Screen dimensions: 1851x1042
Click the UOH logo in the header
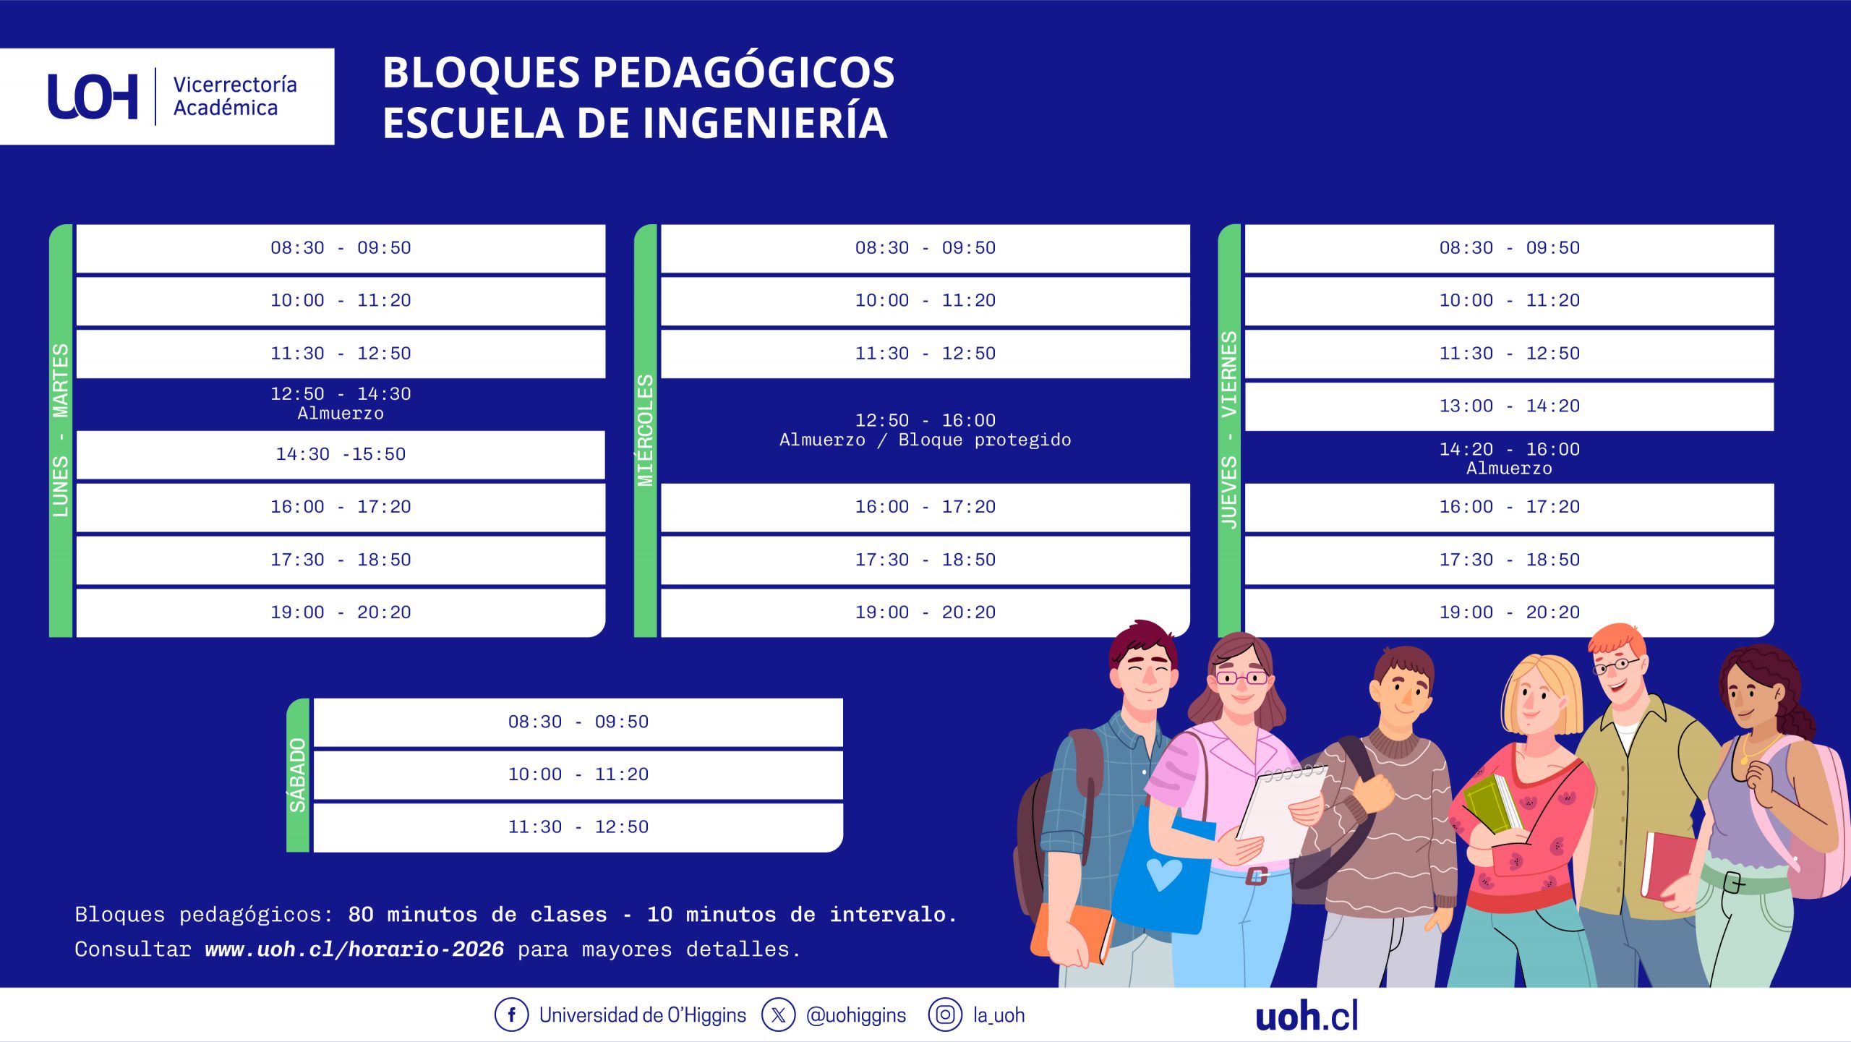pos(93,96)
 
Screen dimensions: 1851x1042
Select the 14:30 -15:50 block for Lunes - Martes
pos(341,455)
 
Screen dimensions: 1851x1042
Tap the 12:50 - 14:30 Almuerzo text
pos(341,403)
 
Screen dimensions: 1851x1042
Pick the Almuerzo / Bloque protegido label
pos(925,440)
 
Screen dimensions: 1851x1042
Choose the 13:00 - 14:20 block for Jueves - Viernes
pos(1509,406)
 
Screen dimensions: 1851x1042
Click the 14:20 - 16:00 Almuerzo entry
pos(1509,458)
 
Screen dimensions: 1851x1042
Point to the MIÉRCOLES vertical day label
pos(645,430)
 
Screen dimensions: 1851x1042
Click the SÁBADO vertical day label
pos(298,775)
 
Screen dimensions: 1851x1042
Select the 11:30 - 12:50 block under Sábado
pos(578,827)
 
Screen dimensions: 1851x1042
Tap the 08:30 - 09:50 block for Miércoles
pos(925,248)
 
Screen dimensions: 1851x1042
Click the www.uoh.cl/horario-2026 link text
pos(354,949)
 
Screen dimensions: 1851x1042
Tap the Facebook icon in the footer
pos(511,1015)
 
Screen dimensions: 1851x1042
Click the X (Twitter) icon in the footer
pos(778,1015)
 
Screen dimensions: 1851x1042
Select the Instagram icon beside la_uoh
pos(945,1015)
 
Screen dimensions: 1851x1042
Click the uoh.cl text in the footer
pos(1307,1015)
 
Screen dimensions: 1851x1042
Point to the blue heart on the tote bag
pos(1164,874)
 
